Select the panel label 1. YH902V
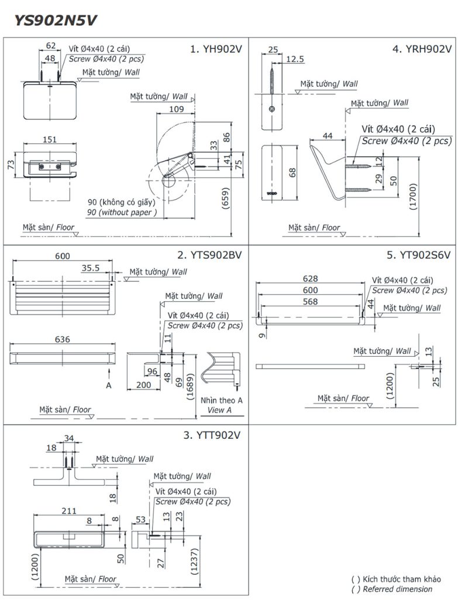[x=216, y=50]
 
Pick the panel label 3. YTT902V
[x=212, y=435]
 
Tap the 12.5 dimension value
[x=296, y=59]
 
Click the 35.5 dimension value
[x=91, y=268]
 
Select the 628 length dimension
[x=311, y=278]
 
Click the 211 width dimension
[x=69, y=510]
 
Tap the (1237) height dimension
[x=194, y=564]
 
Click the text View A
[x=219, y=411]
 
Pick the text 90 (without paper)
[x=122, y=213]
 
